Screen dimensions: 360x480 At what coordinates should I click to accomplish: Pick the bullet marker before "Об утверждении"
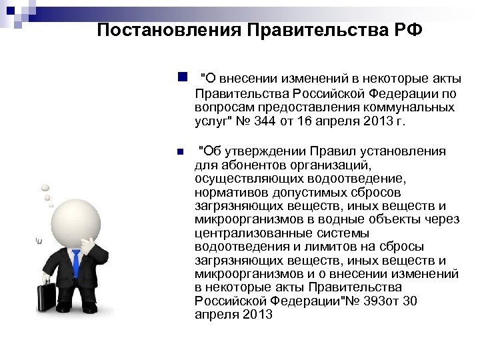coord(180,152)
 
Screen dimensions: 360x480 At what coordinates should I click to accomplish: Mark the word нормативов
coord(225,192)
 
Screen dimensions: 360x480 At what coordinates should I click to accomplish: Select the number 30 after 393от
coord(411,301)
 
